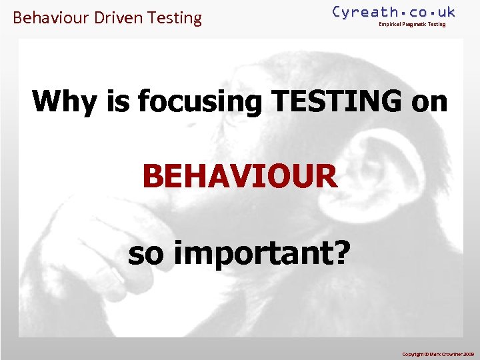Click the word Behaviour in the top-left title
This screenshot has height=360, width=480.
[x=51, y=18]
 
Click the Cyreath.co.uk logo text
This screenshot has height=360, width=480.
[x=393, y=12]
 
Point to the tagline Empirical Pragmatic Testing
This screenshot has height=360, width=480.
[x=412, y=25]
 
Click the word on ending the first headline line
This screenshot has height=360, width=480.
[x=430, y=102]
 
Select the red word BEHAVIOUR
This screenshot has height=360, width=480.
[x=240, y=177]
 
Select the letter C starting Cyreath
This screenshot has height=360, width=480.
[x=337, y=12]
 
